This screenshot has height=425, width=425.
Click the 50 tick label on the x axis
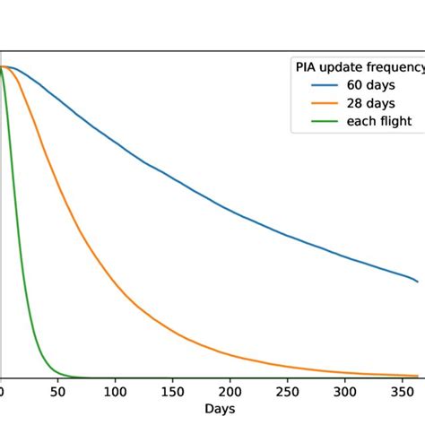coord(58,392)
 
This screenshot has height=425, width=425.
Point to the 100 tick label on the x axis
coord(116,392)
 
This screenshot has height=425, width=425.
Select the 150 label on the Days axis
coord(173,392)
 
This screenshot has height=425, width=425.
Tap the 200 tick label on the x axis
coord(230,392)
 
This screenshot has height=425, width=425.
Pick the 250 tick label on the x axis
coord(288,392)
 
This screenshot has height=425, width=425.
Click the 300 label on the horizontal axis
coord(345,392)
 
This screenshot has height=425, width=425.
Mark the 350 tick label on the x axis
coord(403,392)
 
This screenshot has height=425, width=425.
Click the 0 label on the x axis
coord(2,392)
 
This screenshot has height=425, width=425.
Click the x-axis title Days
coord(221,409)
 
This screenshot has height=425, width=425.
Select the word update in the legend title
coord(343,67)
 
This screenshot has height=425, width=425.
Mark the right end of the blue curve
coord(418,282)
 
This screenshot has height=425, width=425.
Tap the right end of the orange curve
coord(418,375)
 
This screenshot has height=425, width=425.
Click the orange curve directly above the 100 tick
coord(116,286)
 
